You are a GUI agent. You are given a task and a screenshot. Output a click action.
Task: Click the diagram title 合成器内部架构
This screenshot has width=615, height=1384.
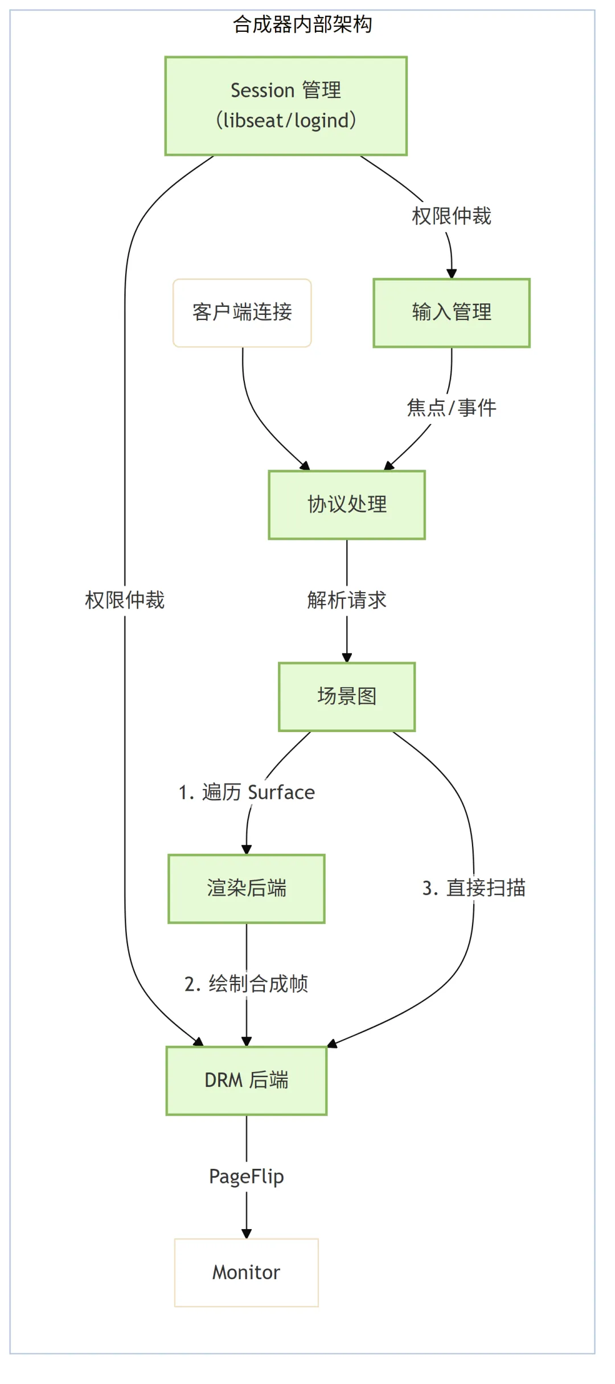[x=302, y=24]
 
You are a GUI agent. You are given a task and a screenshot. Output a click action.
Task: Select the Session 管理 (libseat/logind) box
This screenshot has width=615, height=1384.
[x=286, y=106]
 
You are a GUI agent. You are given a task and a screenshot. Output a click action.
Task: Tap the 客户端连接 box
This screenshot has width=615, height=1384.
[x=242, y=313]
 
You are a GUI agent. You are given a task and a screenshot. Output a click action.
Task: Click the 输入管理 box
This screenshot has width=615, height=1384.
[x=452, y=313]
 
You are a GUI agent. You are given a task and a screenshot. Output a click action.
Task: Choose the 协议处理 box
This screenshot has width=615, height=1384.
[x=347, y=504]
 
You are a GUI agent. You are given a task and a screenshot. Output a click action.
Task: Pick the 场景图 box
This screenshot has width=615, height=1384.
[x=347, y=696]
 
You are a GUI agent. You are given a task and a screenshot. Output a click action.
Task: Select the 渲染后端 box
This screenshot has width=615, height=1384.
[x=247, y=888]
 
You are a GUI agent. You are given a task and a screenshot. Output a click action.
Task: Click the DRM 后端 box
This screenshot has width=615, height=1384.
[x=247, y=1080]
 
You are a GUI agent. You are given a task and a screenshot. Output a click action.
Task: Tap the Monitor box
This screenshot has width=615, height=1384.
[x=247, y=1272]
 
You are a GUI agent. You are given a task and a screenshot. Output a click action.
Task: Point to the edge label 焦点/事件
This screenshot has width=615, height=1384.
[x=452, y=408]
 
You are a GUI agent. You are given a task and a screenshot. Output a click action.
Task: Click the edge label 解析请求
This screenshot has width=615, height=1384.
[x=347, y=600]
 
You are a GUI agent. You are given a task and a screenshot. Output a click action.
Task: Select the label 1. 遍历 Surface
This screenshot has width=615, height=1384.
[x=247, y=792]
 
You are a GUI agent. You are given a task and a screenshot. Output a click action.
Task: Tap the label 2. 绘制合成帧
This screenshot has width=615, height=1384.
[x=247, y=984]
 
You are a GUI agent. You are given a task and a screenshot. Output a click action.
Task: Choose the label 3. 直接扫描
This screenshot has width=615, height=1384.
[x=474, y=888]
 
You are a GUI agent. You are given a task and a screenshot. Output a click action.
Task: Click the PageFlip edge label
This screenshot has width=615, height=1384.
[x=247, y=1176]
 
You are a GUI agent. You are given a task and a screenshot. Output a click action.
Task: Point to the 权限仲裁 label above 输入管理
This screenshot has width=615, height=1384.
[x=452, y=216]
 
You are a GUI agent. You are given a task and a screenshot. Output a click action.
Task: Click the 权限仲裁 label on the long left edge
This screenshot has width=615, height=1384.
[x=125, y=600]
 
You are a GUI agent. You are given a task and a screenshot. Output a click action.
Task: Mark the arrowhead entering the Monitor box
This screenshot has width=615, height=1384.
[x=247, y=1234]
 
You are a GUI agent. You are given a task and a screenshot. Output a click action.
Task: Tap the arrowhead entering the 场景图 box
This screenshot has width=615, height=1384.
[x=347, y=658]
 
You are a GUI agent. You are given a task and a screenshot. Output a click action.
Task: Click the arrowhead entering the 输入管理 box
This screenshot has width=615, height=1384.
[x=452, y=274]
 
